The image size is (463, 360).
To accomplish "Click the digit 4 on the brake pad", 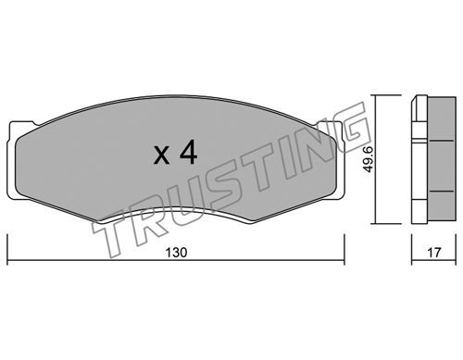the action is click(x=188, y=152).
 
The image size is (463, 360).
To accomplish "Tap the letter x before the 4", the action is click(x=162, y=155).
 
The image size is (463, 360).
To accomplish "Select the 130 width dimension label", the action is click(x=176, y=253).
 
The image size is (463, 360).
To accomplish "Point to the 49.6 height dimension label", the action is click(x=368, y=159).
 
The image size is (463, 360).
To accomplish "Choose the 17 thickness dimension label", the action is click(x=434, y=253).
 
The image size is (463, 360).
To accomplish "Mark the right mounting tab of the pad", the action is click(x=333, y=160).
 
